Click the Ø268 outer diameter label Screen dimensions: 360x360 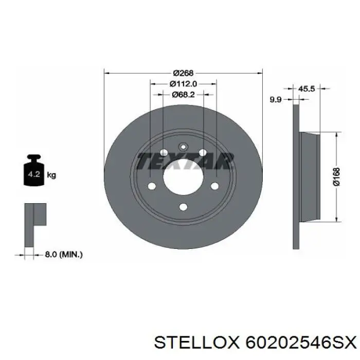click(x=183, y=73)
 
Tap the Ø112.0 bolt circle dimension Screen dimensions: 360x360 click(x=183, y=84)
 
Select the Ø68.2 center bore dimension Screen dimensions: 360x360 click(x=183, y=94)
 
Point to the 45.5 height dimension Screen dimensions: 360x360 click(x=307, y=88)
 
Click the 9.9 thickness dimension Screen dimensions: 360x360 click(x=275, y=100)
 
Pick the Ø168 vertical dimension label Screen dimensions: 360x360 click(x=336, y=176)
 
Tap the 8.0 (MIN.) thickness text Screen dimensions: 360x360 click(x=64, y=255)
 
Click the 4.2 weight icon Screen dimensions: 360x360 click(x=34, y=170)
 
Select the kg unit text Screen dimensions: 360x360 click(x=51, y=175)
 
